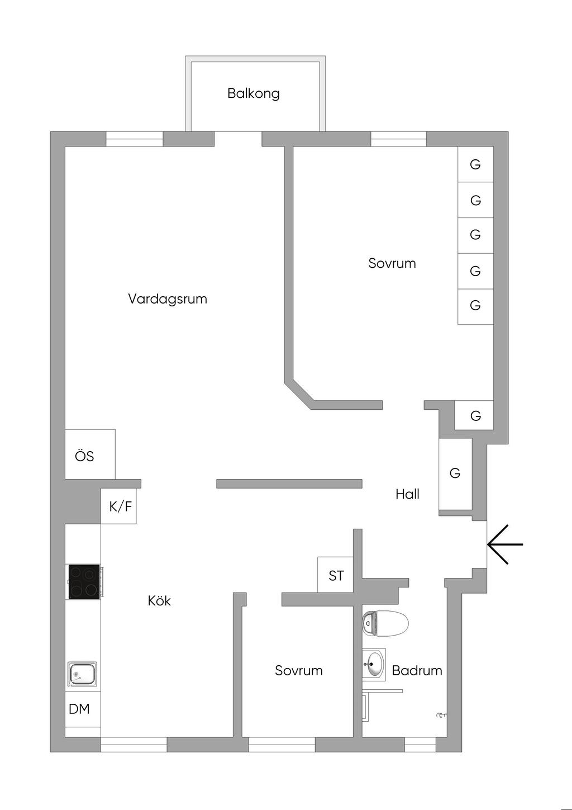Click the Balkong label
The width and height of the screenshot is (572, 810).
253,93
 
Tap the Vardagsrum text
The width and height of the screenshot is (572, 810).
168,299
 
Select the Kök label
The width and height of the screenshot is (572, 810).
159,601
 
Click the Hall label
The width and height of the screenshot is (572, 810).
407,494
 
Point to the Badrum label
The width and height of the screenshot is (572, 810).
417,671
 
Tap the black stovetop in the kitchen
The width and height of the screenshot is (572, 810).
84,582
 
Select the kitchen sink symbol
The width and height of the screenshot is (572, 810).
83,674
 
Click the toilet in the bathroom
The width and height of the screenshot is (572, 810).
385,624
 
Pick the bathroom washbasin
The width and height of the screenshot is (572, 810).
374,664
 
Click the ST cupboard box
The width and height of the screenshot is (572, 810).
336,575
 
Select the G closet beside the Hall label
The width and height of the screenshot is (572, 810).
455,474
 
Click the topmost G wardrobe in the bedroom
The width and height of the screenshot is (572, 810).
475,164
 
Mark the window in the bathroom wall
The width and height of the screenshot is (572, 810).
420,745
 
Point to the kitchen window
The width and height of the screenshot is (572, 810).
134,745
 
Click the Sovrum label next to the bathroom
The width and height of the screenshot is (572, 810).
299,671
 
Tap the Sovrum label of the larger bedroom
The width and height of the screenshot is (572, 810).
392,263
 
